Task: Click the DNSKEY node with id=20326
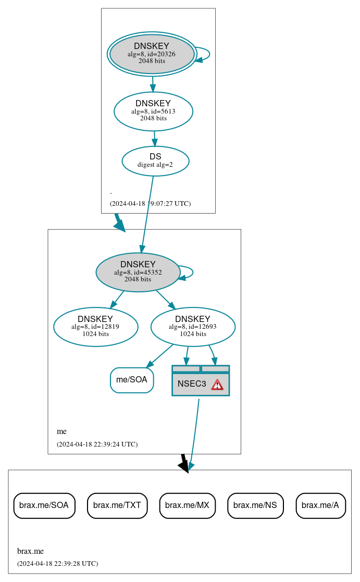tap(152, 54)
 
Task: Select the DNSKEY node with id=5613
tap(153, 111)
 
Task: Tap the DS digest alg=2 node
tap(155, 161)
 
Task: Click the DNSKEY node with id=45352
tap(138, 272)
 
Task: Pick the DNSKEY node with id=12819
tap(95, 327)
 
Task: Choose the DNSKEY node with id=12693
tap(193, 327)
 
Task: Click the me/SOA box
tap(132, 380)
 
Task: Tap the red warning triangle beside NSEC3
tap(217, 385)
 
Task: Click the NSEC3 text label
tap(192, 384)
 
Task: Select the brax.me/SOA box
tap(44, 505)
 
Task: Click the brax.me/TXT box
tap(117, 505)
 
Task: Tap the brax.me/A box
tap(320, 505)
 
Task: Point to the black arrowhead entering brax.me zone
tap(183, 465)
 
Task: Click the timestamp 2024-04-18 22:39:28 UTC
tap(57, 564)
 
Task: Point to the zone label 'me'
tap(61, 431)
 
